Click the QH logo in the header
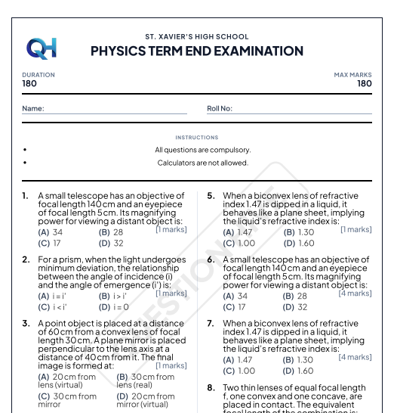41,48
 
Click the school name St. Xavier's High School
197,36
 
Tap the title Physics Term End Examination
197,51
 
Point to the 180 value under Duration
29,84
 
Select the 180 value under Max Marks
364,84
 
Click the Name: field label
33,109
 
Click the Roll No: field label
220,109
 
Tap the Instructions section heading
197,138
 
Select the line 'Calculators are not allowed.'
202,163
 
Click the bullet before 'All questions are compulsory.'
26,150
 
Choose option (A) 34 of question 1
51,233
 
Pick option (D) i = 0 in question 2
114,308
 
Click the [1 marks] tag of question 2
171,293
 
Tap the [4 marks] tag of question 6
355,293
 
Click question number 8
211,388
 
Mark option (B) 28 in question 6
295,297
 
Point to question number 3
26,324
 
